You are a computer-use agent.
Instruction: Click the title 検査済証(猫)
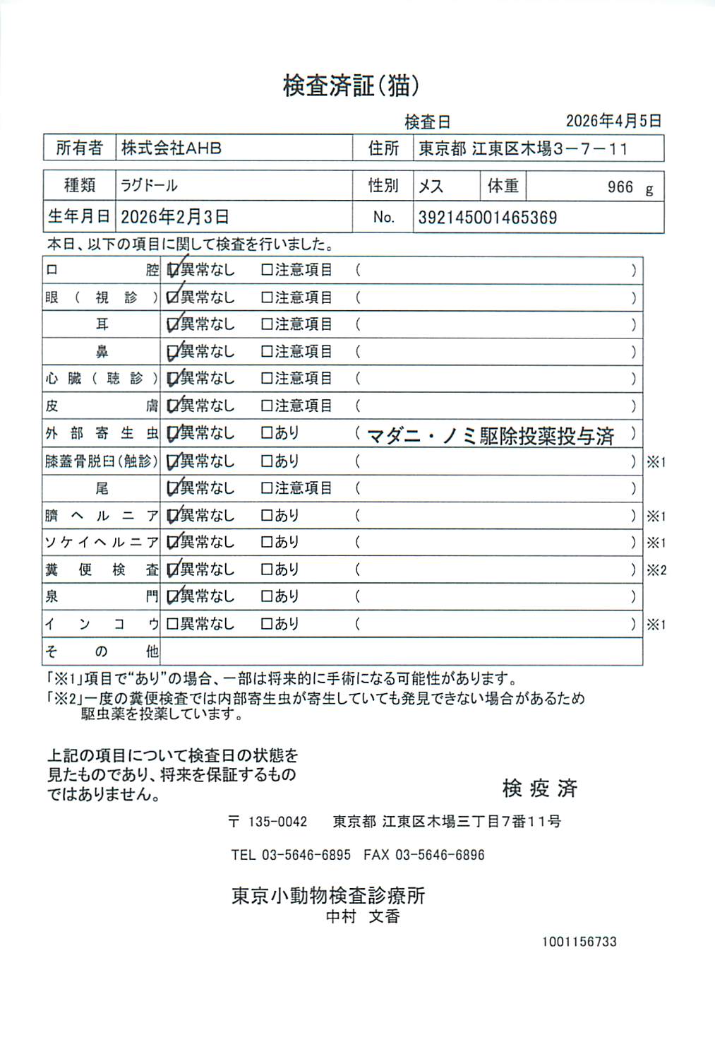[351, 86]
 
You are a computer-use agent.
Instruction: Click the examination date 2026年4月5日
[613, 121]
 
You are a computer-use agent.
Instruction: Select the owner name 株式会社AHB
[172, 148]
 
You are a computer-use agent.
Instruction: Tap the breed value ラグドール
[150, 186]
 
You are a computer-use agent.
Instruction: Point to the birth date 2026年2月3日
[174, 217]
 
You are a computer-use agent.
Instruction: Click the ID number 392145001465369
[488, 218]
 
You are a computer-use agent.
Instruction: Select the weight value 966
[620, 187]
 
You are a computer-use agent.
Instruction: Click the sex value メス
[431, 187]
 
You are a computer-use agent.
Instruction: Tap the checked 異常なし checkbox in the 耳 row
[172, 325]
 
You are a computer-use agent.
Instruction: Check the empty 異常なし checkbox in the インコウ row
[172, 625]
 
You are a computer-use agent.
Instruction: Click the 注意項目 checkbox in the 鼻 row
[267, 352]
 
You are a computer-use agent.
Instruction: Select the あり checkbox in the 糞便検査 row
[267, 569]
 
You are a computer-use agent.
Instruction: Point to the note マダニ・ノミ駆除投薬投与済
[491, 436]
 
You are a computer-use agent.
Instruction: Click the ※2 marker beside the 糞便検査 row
[656, 570]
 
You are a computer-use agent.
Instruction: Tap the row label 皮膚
[102, 406]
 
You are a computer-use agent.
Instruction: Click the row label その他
[102, 651]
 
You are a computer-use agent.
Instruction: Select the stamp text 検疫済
[540, 789]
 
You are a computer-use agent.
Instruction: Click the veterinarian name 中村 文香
[363, 916]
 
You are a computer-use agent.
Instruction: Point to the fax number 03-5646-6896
[440, 855]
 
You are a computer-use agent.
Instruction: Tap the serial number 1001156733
[579, 942]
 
